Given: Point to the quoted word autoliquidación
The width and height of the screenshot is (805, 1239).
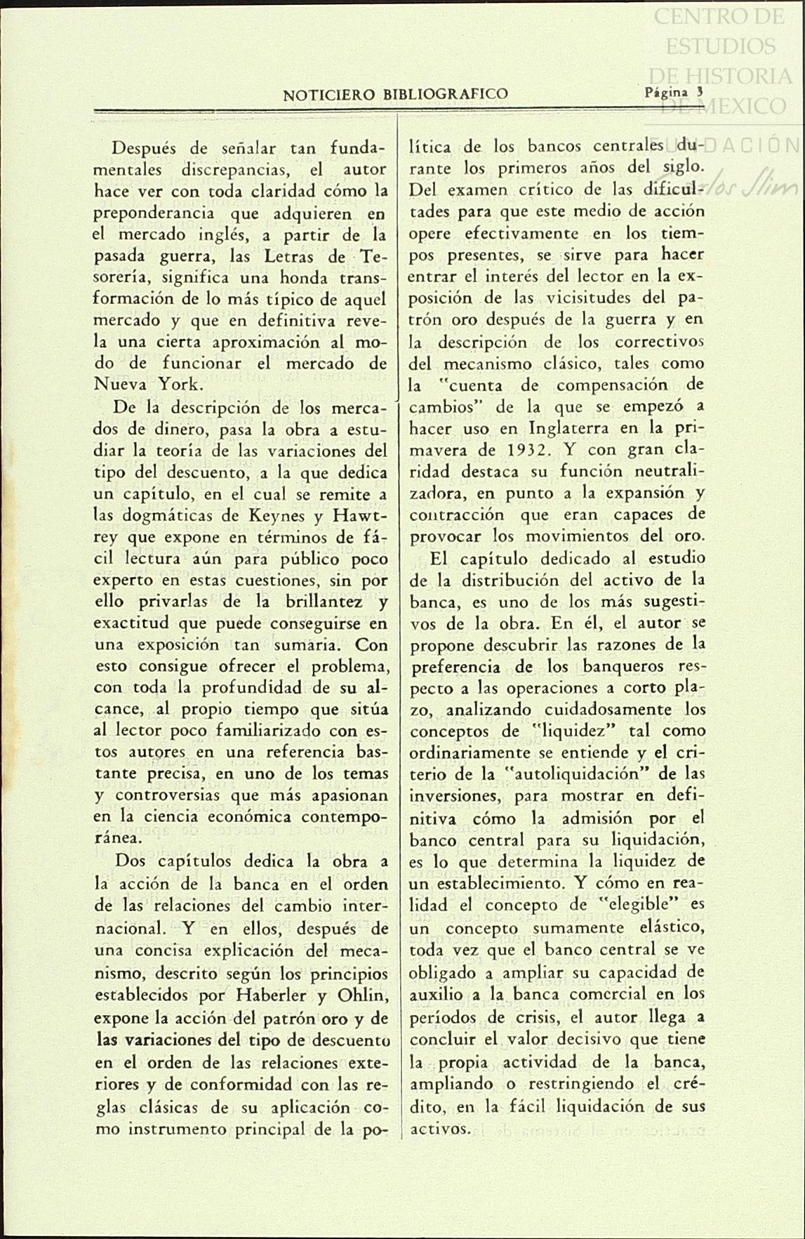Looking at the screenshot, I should [580, 774].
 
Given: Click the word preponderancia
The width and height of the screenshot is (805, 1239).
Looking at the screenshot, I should [156, 213].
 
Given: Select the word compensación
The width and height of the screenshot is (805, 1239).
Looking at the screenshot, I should [611, 385].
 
